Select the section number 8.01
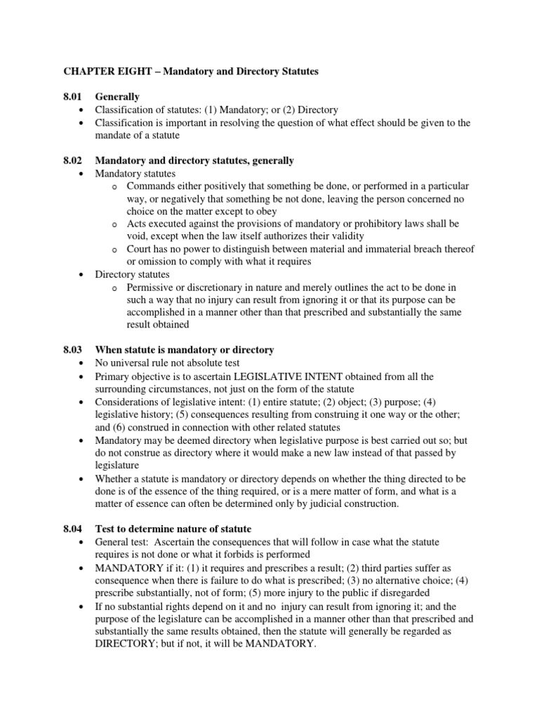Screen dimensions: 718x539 pos(74,97)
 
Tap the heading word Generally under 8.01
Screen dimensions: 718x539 pos(117,97)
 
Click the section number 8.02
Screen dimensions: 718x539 pos(74,161)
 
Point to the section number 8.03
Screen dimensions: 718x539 pos(74,349)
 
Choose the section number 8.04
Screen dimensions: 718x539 pos(74,529)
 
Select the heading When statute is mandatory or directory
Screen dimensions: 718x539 pos(185,349)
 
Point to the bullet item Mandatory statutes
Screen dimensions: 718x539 pos(135,173)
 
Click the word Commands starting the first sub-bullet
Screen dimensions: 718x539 pos(149,186)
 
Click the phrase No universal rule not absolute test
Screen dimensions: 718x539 pos(168,363)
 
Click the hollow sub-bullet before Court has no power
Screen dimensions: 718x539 pos(114,250)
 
